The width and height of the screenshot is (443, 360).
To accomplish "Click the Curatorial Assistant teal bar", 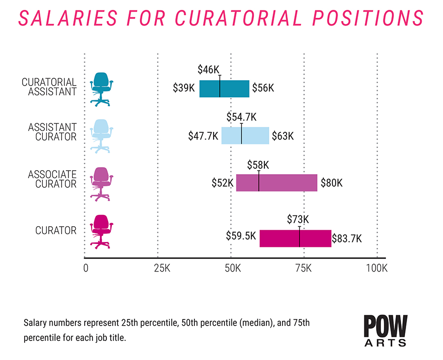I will [x=224, y=89].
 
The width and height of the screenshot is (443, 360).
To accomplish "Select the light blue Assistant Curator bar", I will [x=245, y=136].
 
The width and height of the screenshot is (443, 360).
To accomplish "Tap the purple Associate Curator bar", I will [x=277, y=183].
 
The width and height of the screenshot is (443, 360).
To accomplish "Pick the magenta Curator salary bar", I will [x=295, y=238].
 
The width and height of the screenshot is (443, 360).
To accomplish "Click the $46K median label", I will [x=208, y=69].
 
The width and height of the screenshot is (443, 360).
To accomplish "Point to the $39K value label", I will [x=184, y=88].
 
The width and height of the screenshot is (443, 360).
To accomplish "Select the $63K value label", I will [x=283, y=136].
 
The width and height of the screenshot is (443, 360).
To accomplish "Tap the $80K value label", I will [x=331, y=183].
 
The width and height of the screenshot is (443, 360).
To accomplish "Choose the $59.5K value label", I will [x=241, y=236].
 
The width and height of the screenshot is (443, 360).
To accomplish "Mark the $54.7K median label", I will [x=242, y=117].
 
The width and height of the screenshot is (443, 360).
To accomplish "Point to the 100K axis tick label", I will [x=377, y=269].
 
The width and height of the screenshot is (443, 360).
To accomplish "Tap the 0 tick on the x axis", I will [x=86, y=269].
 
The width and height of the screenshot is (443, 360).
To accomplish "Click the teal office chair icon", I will [x=101, y=89].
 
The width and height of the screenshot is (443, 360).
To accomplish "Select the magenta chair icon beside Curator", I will [x=101, y=231].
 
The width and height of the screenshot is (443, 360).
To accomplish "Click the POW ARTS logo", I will [x=385, y=330].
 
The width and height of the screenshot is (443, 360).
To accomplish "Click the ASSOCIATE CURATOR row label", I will [x=52, y=179].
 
